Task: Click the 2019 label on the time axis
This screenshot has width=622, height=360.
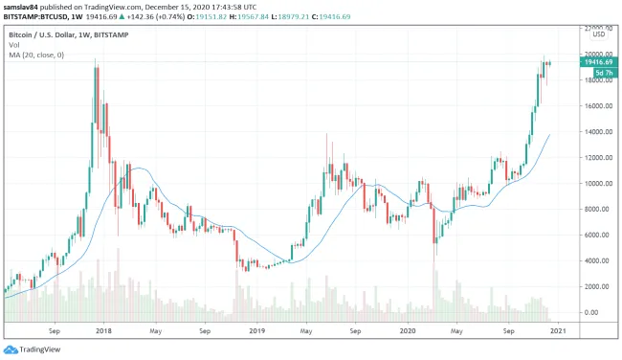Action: [255, 330]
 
